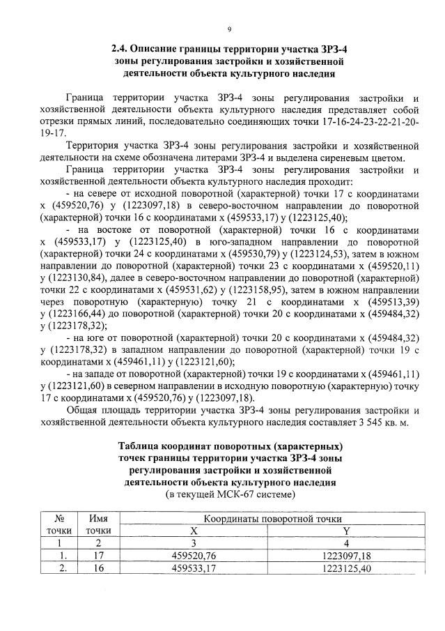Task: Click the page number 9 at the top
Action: [228, 29]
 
